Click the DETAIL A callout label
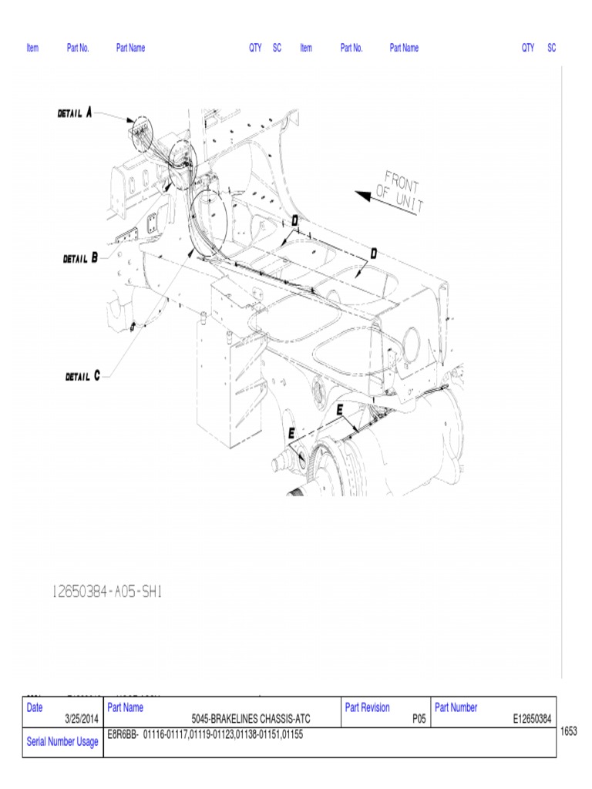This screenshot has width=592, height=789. point(75,112)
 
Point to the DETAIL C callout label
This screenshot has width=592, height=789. point(82,377)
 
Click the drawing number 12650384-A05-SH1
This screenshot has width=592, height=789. point(106,592)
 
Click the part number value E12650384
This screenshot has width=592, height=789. point(532,719)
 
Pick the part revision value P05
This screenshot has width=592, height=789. point(419,719)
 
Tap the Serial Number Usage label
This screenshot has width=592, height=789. point(62,742)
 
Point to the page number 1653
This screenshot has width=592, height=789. point(569,731)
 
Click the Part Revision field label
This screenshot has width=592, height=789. point(368,707)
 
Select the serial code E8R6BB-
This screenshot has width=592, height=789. point(123,734)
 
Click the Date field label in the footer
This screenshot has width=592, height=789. point(35,707)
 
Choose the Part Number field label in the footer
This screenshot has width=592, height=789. point(456,707)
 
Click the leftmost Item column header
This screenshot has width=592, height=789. point(32,48)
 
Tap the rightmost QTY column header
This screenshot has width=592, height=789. point(528,48)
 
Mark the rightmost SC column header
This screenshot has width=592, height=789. point(552,48)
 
